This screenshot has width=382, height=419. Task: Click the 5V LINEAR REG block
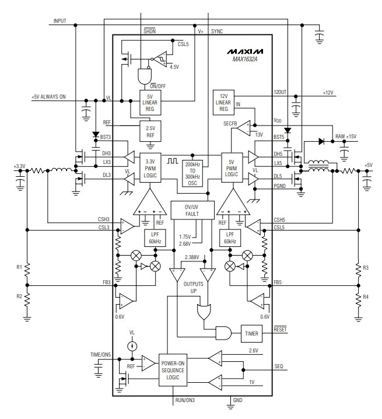pyautogui.click(x=150, y=103)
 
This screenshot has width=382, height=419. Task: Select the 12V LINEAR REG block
pyautogui.click(x=223, y=103)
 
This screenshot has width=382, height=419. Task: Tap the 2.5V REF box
pyautogui.click(x=150, y=131)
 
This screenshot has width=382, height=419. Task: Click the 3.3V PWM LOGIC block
pyautogui.click(x=150, y=168)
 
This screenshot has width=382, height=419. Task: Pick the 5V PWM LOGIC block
pyautogui.click(x=232, y=167)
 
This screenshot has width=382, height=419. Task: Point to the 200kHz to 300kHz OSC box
pyautogui.click(x=192, y=173)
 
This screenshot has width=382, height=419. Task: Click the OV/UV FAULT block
pyautogui.click(x=192, y=210)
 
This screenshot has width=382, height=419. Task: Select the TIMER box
pyautogui.click(x=251, y=333)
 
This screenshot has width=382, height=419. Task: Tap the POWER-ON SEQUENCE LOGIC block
pyautogui.click(x=173, y=370)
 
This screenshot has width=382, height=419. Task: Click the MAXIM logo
pyautogui.click(x=245, y=51)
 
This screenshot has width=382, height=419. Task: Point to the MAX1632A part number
pyautogui.click(x=245, y=59)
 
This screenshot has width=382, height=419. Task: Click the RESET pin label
pyautogui.click(x=280, y=329)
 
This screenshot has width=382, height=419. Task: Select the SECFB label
pyautogui.click(x=230, y=124)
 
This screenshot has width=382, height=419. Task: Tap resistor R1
pyautogui.click(x=27, y=270)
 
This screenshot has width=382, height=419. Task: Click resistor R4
pyautogui.click(x=359, y=297)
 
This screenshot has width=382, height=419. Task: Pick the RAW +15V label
pyautogui.click(x=346, y=137)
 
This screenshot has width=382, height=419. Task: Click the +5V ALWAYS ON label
pyautogui.click(x=48, y=97)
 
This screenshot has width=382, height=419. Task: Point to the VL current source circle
pyautogui.click(x=132, y=346)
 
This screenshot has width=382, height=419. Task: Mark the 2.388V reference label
pyautogui.click(x=192, y=257)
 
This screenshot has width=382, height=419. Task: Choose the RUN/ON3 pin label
pyautogui.click(x=185, y=400)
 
